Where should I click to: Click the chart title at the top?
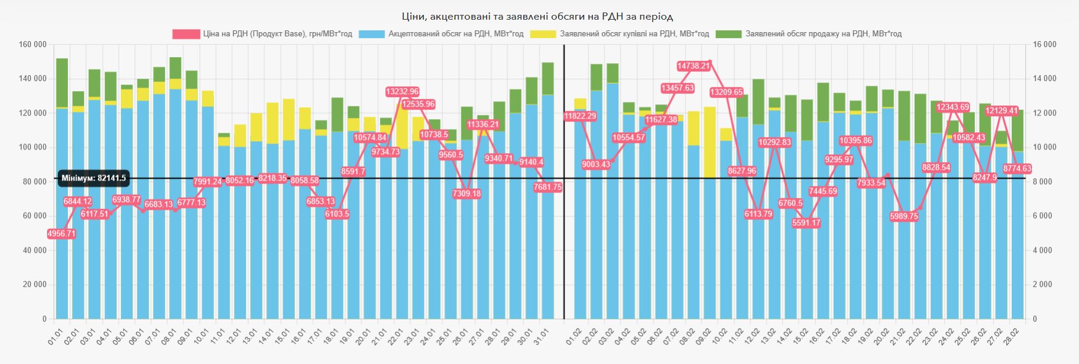(x=537, y=17)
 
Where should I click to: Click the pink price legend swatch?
(x=186, y=34)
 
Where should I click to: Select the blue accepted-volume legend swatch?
(x=372, y=34)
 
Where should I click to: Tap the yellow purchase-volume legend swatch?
(x=542, y=34)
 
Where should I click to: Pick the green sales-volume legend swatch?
(x=728, y=34)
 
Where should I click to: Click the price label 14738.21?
(x=694, y=66)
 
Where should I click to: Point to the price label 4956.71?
(x=61, y=234)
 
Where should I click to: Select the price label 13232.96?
(x=402, y=92)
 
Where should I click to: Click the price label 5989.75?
(x=904, y=216)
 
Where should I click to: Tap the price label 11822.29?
(x=579, y=116)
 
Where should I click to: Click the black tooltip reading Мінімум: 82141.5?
(x=93, y=178)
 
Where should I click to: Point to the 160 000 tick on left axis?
(x=33, y=45)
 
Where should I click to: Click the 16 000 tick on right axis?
(x=1044, y=45)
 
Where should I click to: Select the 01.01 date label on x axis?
(x=55, y=337)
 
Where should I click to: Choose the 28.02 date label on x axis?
(x=1011, y=337)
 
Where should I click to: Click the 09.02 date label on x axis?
(x=703, y=337)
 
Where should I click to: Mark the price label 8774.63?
(x=1017, y=169)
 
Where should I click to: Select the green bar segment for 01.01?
(x=62, y=83)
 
